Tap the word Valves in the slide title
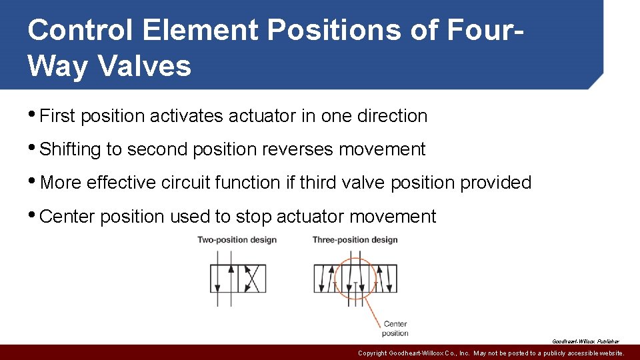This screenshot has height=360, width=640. (145, 66)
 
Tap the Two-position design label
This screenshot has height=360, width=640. (237, 240)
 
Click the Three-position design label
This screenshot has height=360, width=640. (355, 240)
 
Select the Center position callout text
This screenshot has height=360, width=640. (395, 329)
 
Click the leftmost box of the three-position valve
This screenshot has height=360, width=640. (327, 279)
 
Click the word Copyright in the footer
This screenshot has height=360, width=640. (377, 353)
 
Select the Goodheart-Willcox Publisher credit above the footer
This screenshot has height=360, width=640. (585, 341)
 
